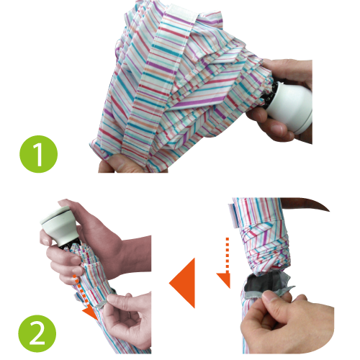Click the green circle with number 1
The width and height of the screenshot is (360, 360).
click(38, 154)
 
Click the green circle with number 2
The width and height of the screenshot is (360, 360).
click(37, 333)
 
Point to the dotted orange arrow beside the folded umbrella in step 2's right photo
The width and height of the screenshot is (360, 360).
click(225, 263)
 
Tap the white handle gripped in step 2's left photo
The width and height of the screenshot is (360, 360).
click(60, 225)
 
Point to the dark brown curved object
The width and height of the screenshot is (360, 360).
click(305, 204)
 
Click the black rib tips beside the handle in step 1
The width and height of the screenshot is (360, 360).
click(269, 95)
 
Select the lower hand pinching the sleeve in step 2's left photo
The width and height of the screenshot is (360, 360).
click(127, 319)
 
